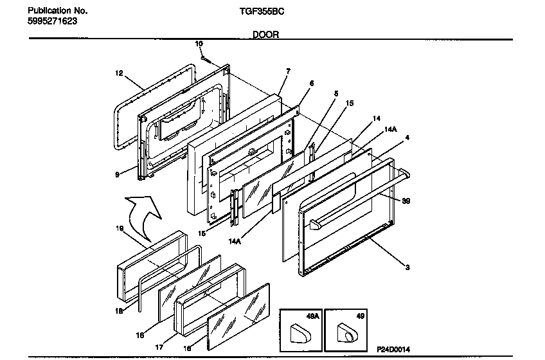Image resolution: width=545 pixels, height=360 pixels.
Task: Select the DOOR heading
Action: tap(265, 35)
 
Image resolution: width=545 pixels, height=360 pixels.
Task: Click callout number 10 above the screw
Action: tap(199, 44)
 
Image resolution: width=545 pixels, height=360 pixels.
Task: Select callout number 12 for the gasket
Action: tap(118, 73)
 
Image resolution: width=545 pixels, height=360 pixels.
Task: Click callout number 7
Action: tap(288, 71)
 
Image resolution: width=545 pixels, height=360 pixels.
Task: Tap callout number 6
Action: tap(312, 83)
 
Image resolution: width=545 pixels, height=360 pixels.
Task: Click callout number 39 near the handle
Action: tap(406, 201)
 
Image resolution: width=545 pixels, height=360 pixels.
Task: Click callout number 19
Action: tap(120, 228)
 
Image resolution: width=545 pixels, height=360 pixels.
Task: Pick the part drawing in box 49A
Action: tap(299, 332)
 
